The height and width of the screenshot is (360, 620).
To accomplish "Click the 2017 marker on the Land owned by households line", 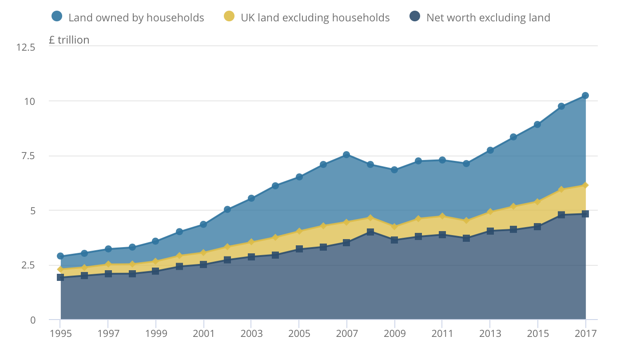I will pyautogui.click(x=585, y=96).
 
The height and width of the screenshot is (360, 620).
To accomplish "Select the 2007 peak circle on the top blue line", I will pyautogui.click(x=346, y=155).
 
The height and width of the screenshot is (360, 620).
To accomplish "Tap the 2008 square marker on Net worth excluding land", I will pyautogui.click(x=370, y=232).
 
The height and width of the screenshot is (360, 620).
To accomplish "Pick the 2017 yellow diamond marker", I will pyautogui.click(x=585, y=185).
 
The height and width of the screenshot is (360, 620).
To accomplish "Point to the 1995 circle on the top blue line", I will pyautogui.click(x=60, y=256).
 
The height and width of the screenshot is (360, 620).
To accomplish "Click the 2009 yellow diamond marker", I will pyautogui.click(x=394, y=227).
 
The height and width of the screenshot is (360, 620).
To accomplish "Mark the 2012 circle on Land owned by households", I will pyautogui.click(x=466, y=164).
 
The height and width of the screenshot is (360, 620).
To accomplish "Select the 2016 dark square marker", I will pyautogui.click(x=561, y=215).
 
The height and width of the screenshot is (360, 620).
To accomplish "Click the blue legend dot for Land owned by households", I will pyautogui.click(x=57, y=17).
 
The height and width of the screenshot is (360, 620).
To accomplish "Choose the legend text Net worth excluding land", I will pyautogui.click(x=488, y=18).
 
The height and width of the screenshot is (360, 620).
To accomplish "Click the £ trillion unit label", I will pyautogui.click(x=69, y=40).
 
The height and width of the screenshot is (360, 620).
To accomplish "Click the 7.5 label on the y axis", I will pyautogui.click(x=26, y=156).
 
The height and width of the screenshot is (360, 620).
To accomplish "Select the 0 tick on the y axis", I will pyautogui.click(x=32, y=320).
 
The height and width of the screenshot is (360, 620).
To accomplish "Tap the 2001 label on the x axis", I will pyautogui.click(x=203, y=333).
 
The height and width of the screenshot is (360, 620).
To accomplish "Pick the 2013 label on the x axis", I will pyautogui.click(x=490, y=333).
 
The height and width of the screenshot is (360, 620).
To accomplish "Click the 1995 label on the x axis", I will pyautogui.click(x=60, y=333).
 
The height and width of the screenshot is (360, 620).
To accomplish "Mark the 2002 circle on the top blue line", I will pyautogui.click(x=227, y=209).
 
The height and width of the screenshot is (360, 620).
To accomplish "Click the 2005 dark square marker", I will pyautogui.click(x=299, y=249).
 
